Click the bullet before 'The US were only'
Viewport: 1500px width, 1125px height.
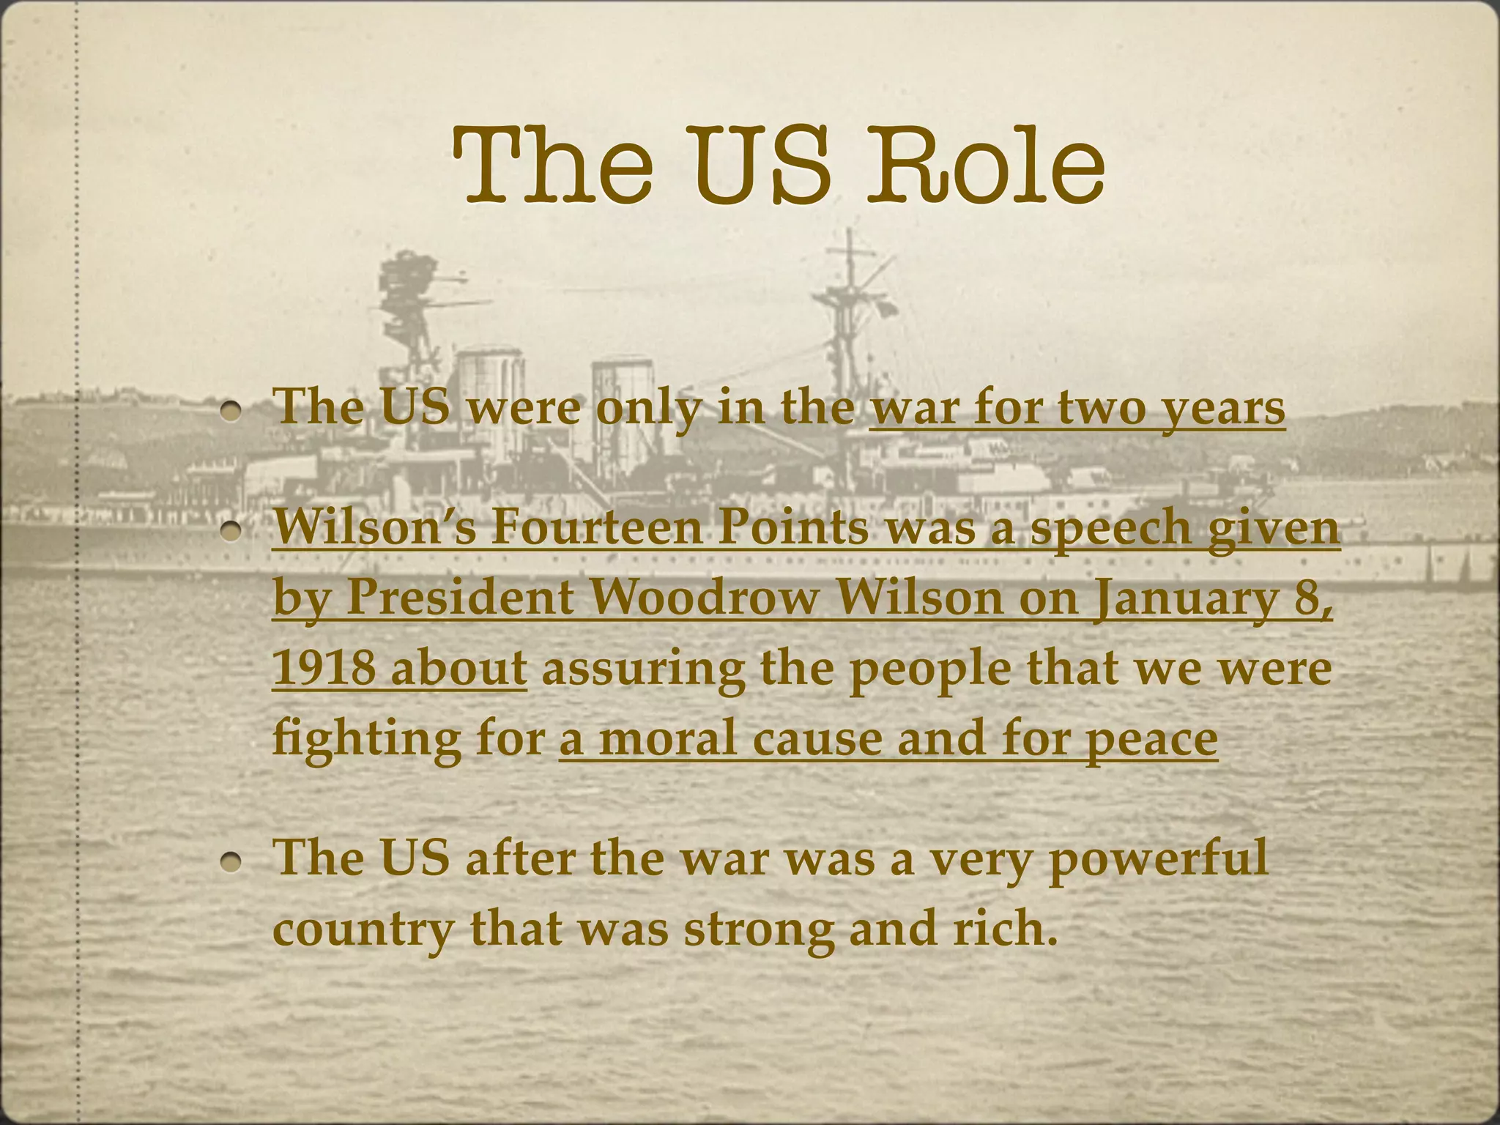coord(233,412)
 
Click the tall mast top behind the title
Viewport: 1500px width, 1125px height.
coord(849,242)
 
